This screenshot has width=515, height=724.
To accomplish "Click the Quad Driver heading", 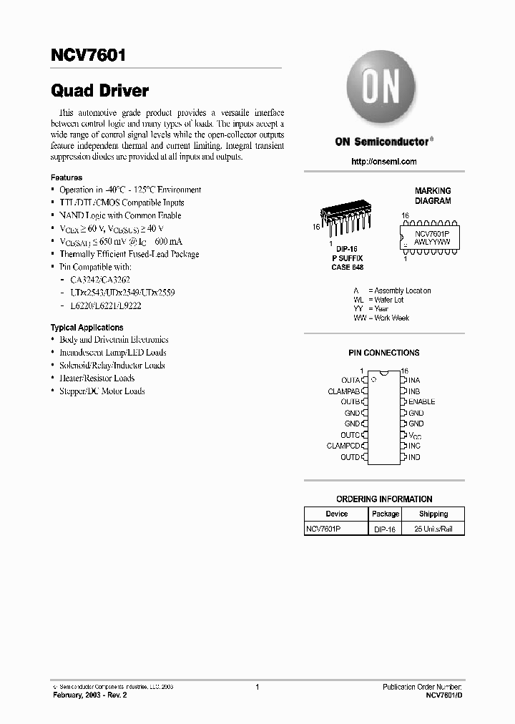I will tap(99, 91).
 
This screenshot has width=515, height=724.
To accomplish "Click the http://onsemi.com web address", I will tap(384, 162).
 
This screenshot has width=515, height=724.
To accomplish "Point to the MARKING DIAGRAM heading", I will tap(433, 196).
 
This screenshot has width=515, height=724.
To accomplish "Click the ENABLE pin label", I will tap(421, 401).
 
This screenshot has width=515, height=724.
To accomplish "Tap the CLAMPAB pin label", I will tap(343, 391).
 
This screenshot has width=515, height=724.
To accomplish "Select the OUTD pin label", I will tap(350, 457).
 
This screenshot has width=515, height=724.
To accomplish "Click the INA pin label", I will tap(414, 380).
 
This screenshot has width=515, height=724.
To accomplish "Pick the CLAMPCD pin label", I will tap(343, 446).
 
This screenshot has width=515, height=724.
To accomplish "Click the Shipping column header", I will tap(433, 514).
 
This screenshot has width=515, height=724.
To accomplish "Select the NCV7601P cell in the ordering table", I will tap(324, 529).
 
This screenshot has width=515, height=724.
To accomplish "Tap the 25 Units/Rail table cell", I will tap(433, 529).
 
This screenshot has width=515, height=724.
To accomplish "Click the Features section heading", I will tap(66, 177).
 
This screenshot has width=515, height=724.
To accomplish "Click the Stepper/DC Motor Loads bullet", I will tap(102, 391).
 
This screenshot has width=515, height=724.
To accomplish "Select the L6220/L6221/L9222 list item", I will tap(106, 305).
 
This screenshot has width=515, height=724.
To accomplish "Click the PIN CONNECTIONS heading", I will tap(384, 353).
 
